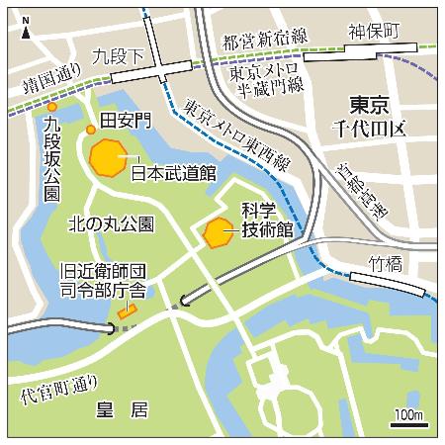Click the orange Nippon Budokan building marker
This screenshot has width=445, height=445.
click(108, 156)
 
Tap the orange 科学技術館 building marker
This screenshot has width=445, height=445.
click(216, 233)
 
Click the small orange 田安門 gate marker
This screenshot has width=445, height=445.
click(90, 130)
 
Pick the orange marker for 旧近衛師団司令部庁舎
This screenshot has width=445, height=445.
click(125, 312)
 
